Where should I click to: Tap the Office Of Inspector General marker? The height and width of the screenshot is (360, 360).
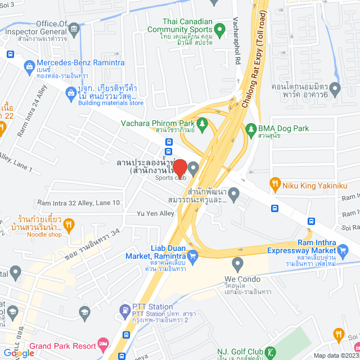pos(74,26)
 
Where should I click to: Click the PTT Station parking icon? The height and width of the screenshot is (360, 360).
pos(124,309)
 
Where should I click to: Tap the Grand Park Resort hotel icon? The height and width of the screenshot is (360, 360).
pos(103,343)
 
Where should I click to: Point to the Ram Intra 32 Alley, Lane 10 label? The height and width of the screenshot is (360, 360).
pos(79,202)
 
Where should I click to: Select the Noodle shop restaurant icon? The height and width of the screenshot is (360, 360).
pos(69,226)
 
